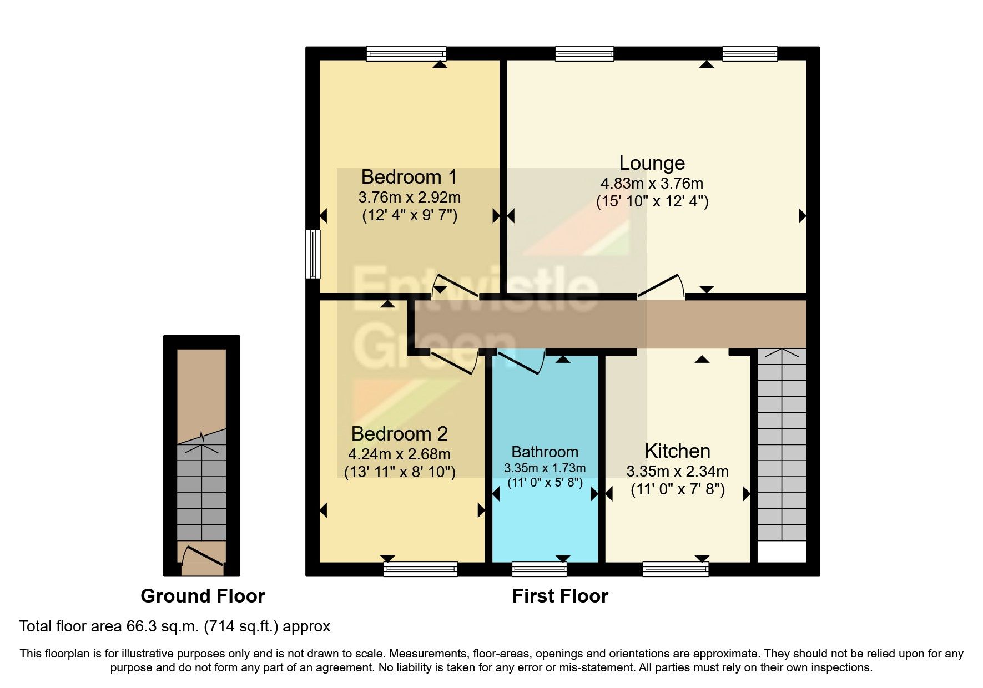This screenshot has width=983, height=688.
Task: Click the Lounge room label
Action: click(652, 163)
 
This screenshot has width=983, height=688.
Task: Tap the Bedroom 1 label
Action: click(409, 177)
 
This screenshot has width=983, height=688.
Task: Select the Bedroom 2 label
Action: click(399, 433)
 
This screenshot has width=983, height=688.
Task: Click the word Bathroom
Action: click(545, 452)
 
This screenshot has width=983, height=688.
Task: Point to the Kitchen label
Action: click(677, 451)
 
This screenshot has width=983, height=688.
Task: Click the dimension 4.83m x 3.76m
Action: click(652, 183)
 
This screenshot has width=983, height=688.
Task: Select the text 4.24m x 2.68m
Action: click(399, 454)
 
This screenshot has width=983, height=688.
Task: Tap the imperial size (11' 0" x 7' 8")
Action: click(677, 490)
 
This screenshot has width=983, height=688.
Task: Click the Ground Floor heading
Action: click(203, 596)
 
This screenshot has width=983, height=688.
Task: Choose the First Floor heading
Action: click(559, 596)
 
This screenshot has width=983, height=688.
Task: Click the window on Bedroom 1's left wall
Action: click(314, 254)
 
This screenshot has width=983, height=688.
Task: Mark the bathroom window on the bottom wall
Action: click(539, 569)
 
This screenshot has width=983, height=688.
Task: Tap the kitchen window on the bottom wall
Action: click(676, 569)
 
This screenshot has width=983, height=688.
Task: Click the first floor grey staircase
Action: click(782, 444)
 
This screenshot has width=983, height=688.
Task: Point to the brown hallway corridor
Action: click(611, 325)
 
